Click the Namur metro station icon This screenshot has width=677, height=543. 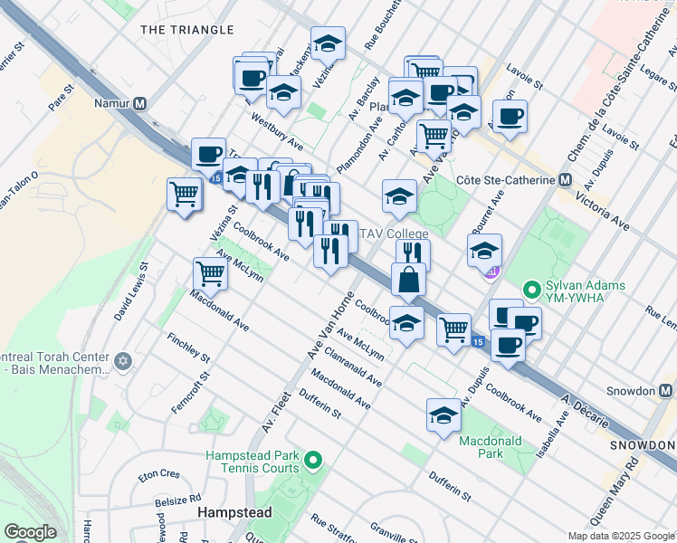[x=139, y=103]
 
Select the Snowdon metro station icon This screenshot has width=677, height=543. [x=666, y=391]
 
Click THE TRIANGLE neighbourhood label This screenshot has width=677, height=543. [x=187, y=30]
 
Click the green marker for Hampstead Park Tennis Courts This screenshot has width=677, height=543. [x=313, y=461]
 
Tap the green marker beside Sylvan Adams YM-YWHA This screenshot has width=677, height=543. [x=532, y=291]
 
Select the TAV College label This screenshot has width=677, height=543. [x=395, y=233]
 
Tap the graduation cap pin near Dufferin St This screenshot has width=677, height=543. [x=443, y=415]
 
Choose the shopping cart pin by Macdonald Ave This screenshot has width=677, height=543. [x=210, y=272]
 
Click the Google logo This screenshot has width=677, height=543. [x=30, y=532]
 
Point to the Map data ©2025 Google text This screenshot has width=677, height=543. [x=620, y=536]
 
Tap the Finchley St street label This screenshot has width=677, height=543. [x=188, y=349]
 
